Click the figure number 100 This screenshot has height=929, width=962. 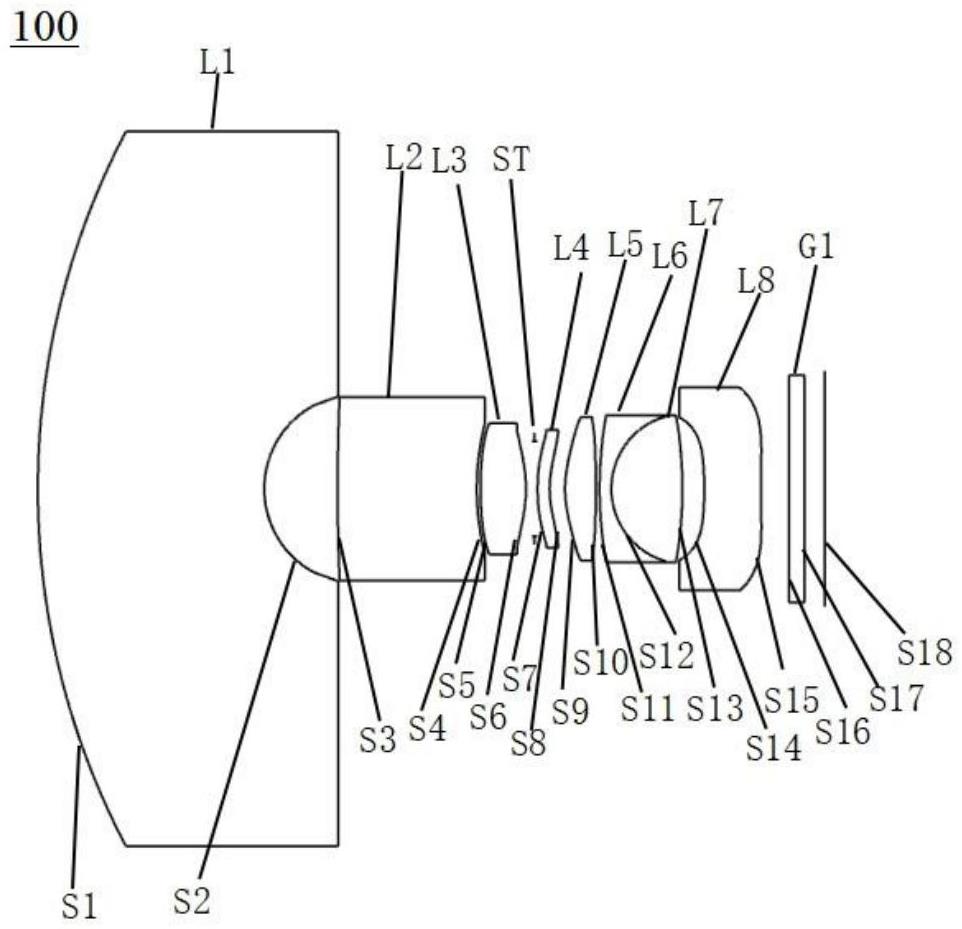(x=45, y=28)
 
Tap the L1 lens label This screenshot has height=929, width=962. (x=217, y=63)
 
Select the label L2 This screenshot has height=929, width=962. (x=404, y=158)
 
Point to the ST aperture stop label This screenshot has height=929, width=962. (x=510, y=160)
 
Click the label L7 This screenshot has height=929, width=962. (x=706, y=213)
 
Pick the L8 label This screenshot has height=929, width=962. (x=756, y=280)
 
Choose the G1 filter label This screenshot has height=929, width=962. (x=817, y=247)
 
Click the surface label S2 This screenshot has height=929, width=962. (x=192, y=901)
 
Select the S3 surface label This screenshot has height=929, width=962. (x=378, y=739)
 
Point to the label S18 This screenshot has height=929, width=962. (x=925, y=652)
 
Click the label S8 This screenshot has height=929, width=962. (x=529, y=744)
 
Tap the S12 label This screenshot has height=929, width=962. (x=666, y=655)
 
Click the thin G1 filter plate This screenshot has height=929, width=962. (x=796, y=488)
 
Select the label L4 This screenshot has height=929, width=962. (x=571, y=249)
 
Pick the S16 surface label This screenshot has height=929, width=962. (x=842, y=730)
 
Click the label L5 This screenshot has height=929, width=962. (x=625, y=245)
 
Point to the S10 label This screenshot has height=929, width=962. (x=601, y=661)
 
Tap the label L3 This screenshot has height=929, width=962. (x=450, y=160)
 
